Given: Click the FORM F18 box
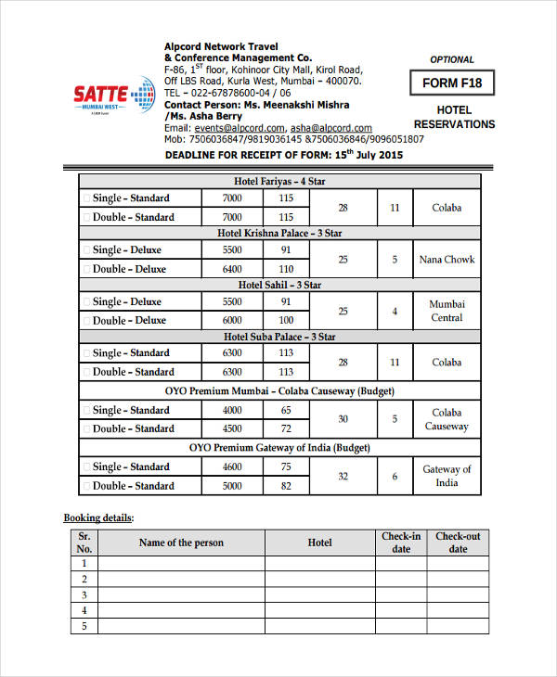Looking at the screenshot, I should click(452, 83).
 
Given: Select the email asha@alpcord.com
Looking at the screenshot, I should click(330, 128).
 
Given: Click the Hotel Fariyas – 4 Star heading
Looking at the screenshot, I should click(279, 181).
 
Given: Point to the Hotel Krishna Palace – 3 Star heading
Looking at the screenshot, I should click(279, 233).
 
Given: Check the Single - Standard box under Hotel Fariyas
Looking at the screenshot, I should click(86, 198).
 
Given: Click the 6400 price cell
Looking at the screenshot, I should click(232, 269).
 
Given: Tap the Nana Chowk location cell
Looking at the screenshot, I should click(447, 260).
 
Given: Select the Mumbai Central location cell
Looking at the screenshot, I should click(447, 311).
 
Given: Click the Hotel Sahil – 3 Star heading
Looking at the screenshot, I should click(279, 285).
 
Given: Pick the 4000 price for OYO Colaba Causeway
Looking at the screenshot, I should click(232, 410).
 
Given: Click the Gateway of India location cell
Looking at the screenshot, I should click(447, 476).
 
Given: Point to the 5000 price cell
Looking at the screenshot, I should click(232, 486).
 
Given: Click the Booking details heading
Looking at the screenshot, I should click(98, 517).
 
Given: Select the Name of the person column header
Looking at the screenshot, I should click(181, 543).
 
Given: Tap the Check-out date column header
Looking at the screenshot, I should click(458, 543).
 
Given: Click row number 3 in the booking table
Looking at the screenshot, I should click(84, 594).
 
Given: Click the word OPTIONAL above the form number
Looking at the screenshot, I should click(452, 59).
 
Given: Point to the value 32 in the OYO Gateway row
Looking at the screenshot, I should click(343, 476).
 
